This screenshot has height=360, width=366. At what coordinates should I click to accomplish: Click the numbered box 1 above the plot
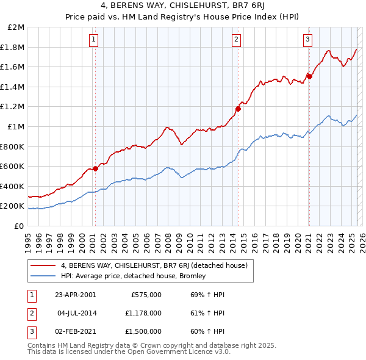coord(93,40)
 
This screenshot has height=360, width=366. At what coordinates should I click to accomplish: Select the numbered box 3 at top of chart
coord(307,40)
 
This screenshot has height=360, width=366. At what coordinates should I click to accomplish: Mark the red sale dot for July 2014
coord(238,109)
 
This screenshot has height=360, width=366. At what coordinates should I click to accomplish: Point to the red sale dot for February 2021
coord(309,76)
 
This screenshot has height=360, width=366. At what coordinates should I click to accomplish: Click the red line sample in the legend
coord(43,265)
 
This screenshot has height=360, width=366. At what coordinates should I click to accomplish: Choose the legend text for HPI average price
coord(134,276)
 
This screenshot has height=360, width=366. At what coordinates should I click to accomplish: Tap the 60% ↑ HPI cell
coord(207,331)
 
